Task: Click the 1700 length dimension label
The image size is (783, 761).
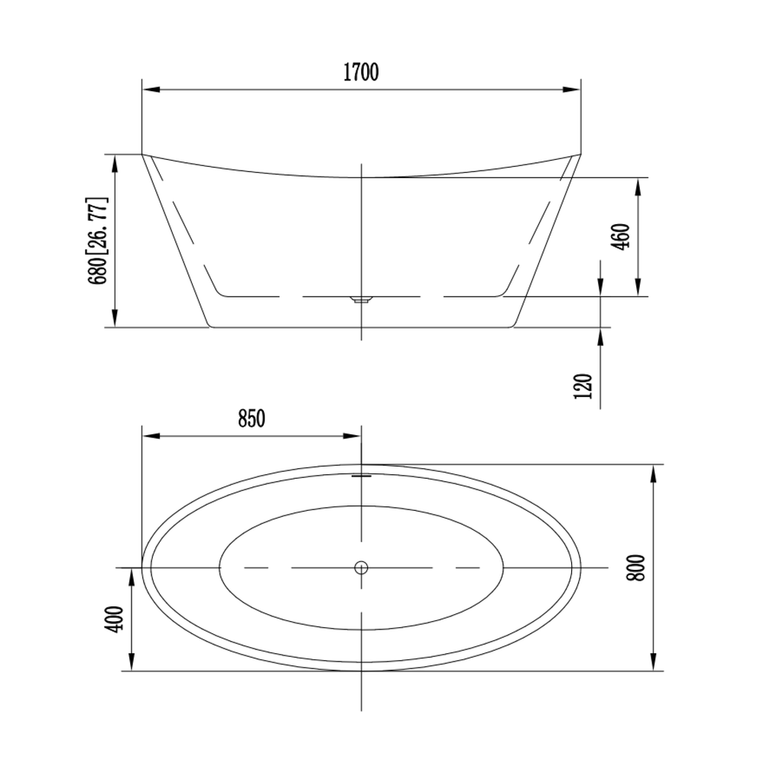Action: (x=361, y=73)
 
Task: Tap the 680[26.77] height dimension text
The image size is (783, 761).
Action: (x=98, y=241)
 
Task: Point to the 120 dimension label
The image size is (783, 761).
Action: (x=583, y=385)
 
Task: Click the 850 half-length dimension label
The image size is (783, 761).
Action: (x=251, y=418)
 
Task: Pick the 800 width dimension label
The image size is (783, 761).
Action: (x=636, y=567)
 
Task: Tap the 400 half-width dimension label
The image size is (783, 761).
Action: (x=115, y=620)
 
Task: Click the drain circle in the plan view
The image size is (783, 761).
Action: (x=361, y=567)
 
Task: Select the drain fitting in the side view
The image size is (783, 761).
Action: (x=361, y=300)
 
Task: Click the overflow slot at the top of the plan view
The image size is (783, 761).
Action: (x=361, y=476)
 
